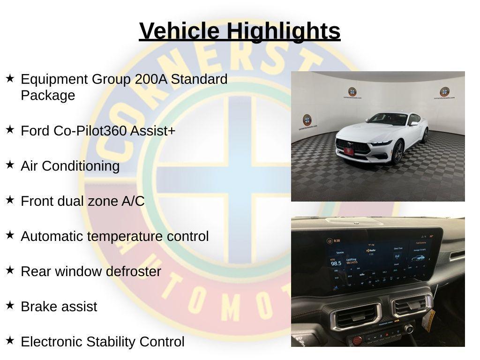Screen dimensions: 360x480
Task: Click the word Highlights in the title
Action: [284, 31]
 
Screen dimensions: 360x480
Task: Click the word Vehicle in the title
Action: [179, 31]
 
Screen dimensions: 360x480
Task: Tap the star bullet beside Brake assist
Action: [10, 306]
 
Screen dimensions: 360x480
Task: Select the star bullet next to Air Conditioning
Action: [10, 165]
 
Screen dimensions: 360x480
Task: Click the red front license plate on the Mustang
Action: [349, 151]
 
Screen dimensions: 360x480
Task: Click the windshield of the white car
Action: [387, 119]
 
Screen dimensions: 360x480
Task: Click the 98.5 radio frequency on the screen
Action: [336, 263]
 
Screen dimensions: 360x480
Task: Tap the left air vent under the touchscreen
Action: [356, 316]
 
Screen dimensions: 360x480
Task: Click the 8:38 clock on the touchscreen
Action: [336, 241]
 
